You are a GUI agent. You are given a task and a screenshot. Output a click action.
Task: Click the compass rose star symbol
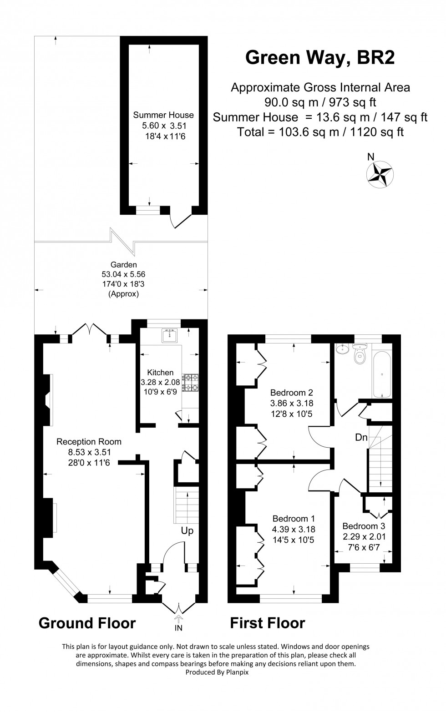pos(380,174)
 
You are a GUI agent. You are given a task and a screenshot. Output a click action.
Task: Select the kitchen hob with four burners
pos(190,383)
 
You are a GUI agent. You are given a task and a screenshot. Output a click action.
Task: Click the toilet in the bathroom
pos(360,353)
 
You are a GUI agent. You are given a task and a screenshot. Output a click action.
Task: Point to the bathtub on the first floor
pos(382,374)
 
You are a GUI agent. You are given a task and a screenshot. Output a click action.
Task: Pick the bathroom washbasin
pos(342,348)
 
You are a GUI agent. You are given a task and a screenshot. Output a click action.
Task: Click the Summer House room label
pos(163,115)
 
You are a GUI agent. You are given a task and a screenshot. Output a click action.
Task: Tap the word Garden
pos(124,264)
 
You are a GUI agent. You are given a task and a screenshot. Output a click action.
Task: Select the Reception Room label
pos(89,441)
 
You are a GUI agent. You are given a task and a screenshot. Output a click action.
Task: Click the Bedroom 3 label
pos(364,526)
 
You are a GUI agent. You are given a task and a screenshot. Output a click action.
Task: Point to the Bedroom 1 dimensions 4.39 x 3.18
pos(294,529)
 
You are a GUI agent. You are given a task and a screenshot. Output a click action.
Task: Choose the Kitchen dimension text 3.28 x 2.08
pos(160,382)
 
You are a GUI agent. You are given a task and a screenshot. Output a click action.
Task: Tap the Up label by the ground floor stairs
pos(187,530)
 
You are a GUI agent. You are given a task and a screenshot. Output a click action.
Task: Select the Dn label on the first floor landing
pos(361,437)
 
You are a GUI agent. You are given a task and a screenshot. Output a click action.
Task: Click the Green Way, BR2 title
pos(320,58)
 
